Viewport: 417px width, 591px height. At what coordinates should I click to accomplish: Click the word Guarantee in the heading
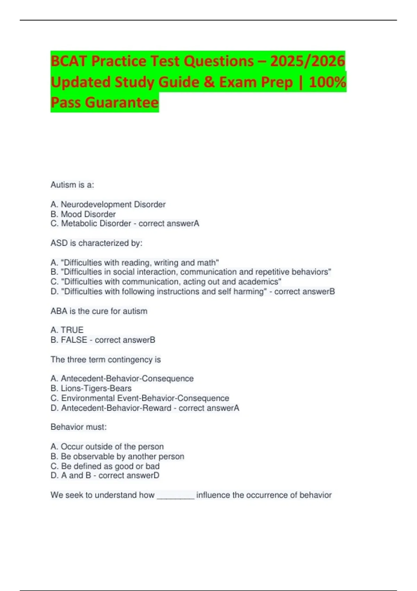pos(122,103)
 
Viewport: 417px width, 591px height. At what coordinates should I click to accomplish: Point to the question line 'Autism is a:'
pos(72,185)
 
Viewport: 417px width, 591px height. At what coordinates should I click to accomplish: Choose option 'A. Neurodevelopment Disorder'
pos(108,204)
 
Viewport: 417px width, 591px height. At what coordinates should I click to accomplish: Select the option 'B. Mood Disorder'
pos(83,214)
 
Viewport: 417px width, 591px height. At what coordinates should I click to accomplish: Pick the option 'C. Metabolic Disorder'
pos(91,224)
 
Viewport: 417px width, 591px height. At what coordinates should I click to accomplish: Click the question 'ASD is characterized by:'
pos(96,243)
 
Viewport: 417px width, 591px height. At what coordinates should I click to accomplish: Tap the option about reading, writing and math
pos(135,262)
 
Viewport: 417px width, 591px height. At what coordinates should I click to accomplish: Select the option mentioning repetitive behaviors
pos(191,272)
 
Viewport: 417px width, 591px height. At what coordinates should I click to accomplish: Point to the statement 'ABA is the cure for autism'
pos(99,311)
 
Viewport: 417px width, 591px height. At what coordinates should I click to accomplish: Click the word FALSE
pos(74,340)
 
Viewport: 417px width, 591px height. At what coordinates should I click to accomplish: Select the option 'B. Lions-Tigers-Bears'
pos(91,388)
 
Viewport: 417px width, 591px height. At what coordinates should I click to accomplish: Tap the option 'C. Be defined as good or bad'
pos(105,466)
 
